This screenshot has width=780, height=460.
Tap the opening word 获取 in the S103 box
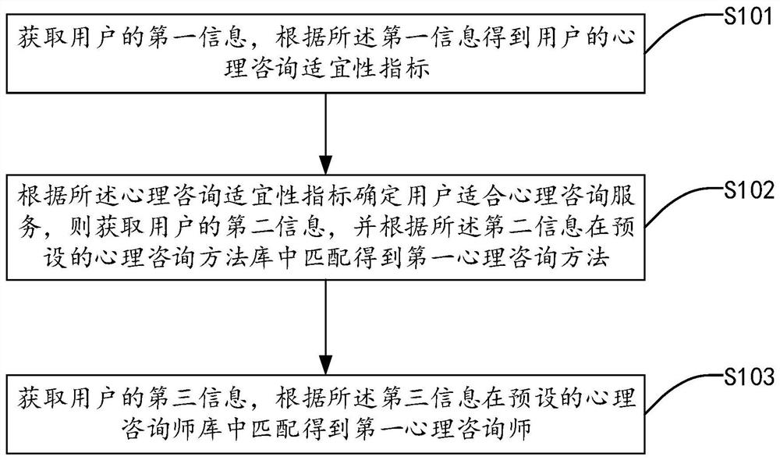tap(37, 398)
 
